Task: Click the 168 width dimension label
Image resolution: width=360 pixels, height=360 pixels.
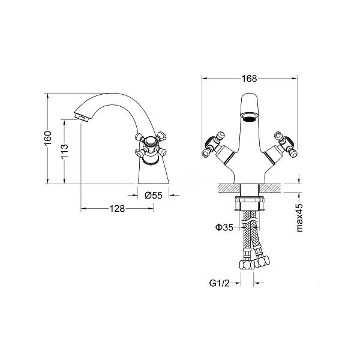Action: click(x=250, y=79)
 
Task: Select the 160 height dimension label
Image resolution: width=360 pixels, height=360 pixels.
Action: click(x=48, y=138)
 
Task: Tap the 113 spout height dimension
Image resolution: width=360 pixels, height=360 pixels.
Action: click(x=65, y=151)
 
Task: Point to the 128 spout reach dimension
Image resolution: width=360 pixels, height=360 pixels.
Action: click(x=117, y=209)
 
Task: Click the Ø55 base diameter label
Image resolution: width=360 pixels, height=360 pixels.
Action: click(x=154, y=196)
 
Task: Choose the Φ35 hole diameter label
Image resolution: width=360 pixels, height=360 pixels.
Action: click(x=224, y=227)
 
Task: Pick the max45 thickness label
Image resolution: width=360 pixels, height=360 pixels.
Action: click(x=299, y=217)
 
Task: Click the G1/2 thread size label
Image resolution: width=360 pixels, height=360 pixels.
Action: click(x=219, y=283)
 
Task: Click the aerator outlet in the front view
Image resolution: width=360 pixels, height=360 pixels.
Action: click(x=250, y=118)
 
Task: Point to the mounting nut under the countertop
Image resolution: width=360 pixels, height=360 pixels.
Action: click(x=250, y=204)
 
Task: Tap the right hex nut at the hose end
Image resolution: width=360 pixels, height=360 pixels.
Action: click(x=263, y=261)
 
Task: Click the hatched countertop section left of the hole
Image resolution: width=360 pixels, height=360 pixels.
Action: click(x=229, y=188)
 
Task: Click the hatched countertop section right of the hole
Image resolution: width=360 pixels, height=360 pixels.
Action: click(x=270, y=188)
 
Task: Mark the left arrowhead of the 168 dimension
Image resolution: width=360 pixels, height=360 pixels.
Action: click(x=205, y=79)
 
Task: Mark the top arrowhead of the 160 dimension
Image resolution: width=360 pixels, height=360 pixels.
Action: click(x=48, y=96)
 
